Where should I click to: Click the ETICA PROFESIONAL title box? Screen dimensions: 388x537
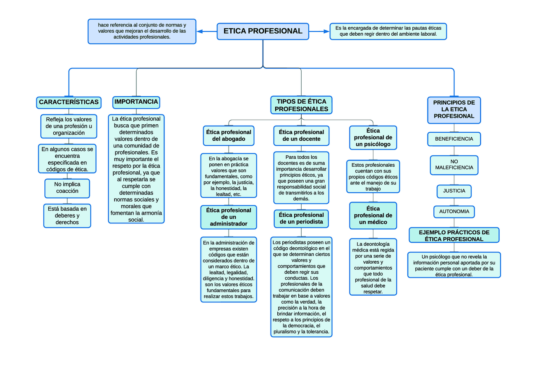point(263,31)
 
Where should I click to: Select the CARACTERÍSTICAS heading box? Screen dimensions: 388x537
point(69,102)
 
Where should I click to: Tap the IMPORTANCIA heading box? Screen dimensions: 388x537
point(136,102)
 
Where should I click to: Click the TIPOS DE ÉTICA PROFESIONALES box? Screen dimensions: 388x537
point(301,105)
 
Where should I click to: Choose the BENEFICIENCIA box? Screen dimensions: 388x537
point(454,139)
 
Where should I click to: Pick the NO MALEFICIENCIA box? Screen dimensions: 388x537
point(454,165)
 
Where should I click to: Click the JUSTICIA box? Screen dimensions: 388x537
point(454,191)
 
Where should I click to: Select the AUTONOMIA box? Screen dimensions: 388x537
point(454,212)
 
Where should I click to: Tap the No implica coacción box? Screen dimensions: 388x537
point(67,188)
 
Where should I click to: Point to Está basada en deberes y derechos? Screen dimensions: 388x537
point(67,215)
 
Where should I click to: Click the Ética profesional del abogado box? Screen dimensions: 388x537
point(229,136)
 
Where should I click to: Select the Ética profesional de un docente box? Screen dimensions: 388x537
point(301,136)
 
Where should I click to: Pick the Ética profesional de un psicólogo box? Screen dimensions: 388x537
point(373,138)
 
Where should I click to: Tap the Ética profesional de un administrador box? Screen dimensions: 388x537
point(229,217)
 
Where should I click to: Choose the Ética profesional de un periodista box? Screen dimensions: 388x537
point(301,218)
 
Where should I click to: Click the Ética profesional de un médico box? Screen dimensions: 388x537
point(373,215)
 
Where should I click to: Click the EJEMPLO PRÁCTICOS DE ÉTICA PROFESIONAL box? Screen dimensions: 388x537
point(454,236)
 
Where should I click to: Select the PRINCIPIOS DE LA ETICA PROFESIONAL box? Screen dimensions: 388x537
point(454,110)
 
